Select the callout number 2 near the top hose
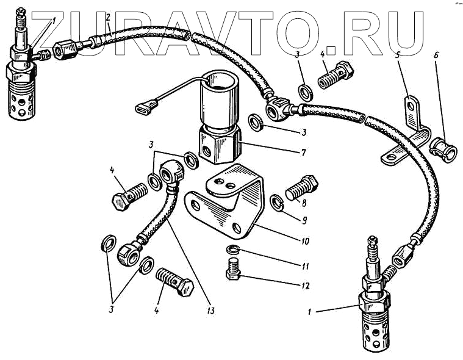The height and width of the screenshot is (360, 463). (107, 18)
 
